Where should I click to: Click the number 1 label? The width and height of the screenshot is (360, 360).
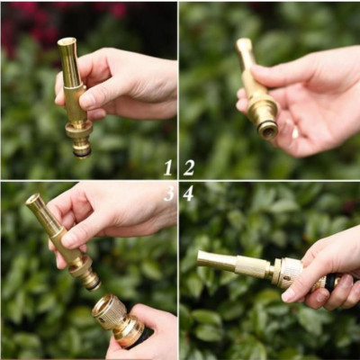(x=167, y=167)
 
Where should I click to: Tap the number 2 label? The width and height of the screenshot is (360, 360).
(x=189, y=167)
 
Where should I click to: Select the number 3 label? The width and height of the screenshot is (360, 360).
(x=168, y=193)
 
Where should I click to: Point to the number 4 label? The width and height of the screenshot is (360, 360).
(x=189, y=193)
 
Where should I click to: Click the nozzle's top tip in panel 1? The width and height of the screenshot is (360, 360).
(x=66, y=42)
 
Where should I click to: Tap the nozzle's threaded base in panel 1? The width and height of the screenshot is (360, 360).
(x=81, y=144)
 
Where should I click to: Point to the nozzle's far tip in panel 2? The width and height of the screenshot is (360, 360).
(x=243, y=43)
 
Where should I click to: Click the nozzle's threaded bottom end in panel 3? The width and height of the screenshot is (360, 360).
(x=89, y=280)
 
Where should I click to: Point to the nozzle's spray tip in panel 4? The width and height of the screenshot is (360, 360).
(x=202, y=259)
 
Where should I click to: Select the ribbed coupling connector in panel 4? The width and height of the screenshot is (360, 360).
(x=288, y=272)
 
